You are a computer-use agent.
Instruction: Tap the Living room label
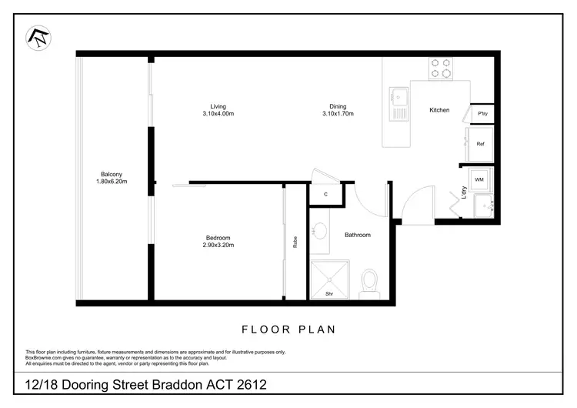tap(218, 106)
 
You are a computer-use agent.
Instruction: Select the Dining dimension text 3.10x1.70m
tap(338, 114)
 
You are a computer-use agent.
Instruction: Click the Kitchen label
tap(439, 110)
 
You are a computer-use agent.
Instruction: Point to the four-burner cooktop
tap(441, 69)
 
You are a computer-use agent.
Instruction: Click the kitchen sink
tap(399, 98)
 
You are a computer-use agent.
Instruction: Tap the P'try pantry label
tap(483, 114)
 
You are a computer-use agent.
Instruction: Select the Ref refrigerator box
tap(480, 144)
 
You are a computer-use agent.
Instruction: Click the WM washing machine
tap(479, 179)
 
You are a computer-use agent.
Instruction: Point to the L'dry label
tap(465, 195)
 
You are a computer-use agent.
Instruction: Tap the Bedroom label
tap(218, 238)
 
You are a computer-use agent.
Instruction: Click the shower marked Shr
tap(329, 279)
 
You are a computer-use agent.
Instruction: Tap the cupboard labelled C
tap(325, 194)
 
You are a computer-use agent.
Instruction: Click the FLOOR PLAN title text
tap(288, 329)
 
